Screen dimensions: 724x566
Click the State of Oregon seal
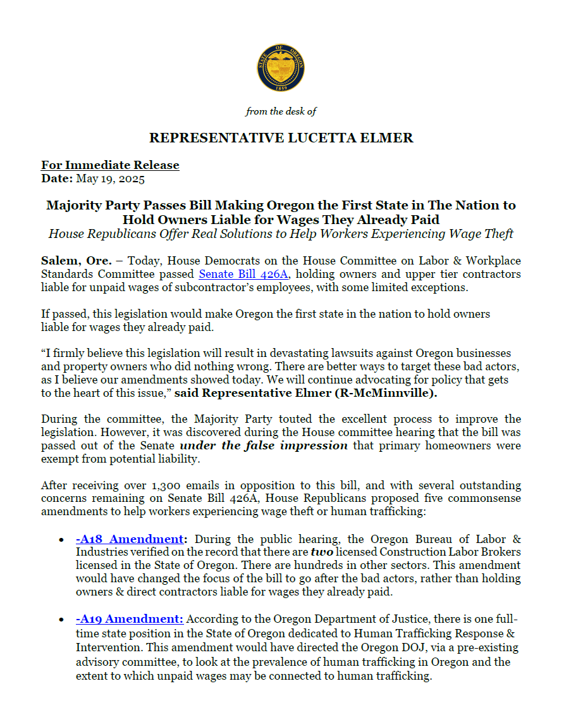point(281,68)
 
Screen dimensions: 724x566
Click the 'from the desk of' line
point(281,111)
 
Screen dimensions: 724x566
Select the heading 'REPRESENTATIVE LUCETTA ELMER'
point(281,138)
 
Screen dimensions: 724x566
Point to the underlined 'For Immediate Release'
point(110,165)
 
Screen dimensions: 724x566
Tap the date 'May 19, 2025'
point(111,178)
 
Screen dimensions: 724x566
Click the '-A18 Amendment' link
point(129,539)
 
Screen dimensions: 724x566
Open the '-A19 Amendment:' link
point(129,619)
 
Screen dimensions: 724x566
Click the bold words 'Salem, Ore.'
point(68,261)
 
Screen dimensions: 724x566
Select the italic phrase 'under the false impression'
point(264,445)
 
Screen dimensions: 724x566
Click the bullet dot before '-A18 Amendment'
point(60,540)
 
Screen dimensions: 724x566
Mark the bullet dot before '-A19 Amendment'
point(60,620)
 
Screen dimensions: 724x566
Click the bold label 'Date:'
point(57,178)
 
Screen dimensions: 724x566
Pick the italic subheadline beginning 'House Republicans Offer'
point(281,234)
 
